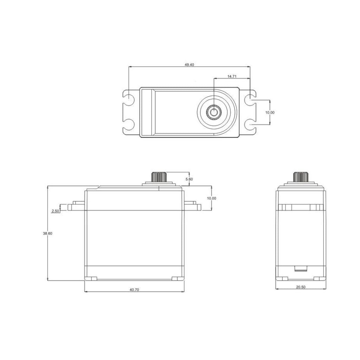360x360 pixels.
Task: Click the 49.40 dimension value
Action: (189, 65)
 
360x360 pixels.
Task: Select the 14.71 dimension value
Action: (232, 76)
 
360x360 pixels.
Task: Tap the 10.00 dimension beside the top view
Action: (270, 112)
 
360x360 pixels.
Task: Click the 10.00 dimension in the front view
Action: (211, 198)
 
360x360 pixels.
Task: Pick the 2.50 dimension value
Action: (55, 211)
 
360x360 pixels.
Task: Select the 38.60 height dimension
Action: (47, 233)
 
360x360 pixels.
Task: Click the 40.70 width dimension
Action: (134, 290)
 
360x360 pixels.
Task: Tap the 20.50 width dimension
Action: (301, 287)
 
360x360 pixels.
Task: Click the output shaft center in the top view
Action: (214, 112)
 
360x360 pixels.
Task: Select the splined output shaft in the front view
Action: (159, 176)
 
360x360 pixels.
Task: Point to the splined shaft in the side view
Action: (301, 176)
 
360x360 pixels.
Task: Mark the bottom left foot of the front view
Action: (91, 278)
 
